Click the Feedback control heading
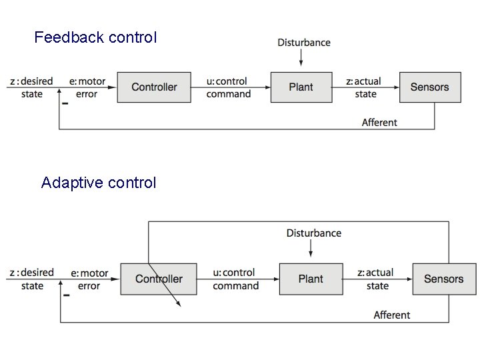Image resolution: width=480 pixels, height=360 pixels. click(x=95, y=37)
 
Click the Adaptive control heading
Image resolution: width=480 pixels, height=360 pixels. click(x=99, y=183)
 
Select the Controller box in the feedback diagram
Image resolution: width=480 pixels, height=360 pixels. click(x=154, y=87)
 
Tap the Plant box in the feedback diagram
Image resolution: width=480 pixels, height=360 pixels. click(x=301, y=87)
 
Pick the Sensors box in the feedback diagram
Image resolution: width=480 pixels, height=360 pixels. click(x=429, y=87)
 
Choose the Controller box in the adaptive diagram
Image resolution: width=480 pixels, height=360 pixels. click(x=159, y=279)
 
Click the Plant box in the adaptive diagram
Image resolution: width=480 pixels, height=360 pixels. click(x=310, y=279)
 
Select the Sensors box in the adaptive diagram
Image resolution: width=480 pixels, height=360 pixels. click(x=443, y=279)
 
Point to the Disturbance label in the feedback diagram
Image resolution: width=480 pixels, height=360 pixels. click(x=304, y=43)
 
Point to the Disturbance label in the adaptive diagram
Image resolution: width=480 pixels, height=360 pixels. click(x=313, y=233)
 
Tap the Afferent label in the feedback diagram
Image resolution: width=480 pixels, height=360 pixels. click(x=379, y=122)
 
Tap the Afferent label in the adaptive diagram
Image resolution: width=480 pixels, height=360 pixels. click(x=392, y=315)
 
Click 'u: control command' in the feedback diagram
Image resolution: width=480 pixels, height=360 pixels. click(x=229, y=87)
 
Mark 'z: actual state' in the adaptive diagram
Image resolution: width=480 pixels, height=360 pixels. click(x=377, y=279)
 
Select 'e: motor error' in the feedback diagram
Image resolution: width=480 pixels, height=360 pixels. click(x=87, y=87)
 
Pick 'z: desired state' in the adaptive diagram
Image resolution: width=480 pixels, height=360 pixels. click(x=32, y=279)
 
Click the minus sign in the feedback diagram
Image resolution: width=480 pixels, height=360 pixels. click(x=65, y=104)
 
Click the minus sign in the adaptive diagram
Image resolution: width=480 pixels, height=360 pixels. click(x=67, y=295)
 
